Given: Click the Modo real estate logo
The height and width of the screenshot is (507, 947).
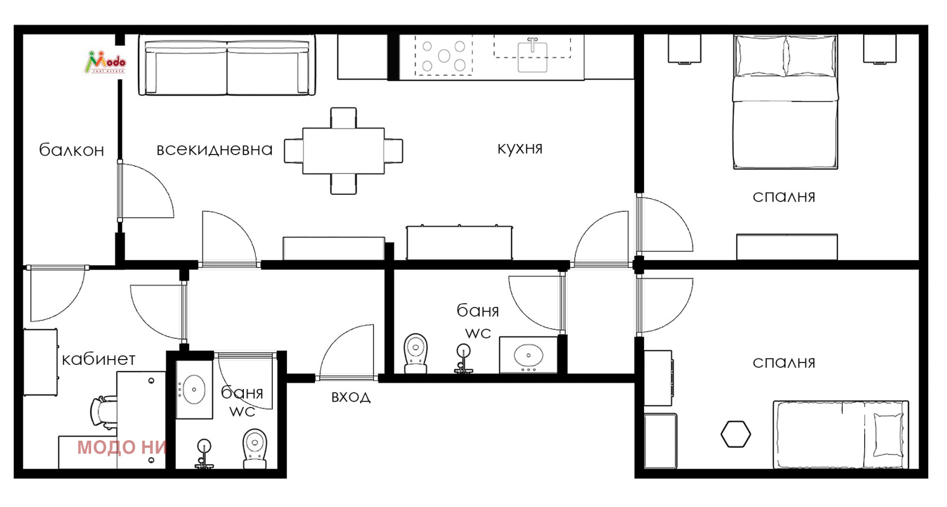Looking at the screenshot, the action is click(105, 62).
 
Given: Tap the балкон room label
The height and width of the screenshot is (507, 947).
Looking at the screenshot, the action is click(72, 150).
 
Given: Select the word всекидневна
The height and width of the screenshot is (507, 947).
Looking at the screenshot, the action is click(214, 150).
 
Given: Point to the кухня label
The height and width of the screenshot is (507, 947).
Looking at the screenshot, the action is click(520, 149).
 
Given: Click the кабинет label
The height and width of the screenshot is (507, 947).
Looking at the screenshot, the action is click(98, 360).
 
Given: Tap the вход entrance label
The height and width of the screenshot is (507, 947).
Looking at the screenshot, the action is click(351, 397).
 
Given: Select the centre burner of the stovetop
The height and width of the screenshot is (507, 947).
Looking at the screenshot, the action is click(444, 56).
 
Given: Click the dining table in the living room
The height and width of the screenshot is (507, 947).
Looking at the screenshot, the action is click(343, 151).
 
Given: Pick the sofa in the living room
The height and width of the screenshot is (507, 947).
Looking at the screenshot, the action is click(227, 66).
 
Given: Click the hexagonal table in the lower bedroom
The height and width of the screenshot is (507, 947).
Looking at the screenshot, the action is click(736, 434).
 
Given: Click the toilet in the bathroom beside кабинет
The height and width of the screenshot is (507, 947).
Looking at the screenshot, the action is click(255, 448).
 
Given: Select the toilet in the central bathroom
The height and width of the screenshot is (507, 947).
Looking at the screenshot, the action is click(415, 354).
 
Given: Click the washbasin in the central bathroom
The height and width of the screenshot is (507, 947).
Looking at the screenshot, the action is click(529, 355).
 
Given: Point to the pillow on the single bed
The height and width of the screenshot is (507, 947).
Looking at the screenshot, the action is click(888, 435).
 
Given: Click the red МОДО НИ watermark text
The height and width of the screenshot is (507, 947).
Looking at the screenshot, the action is click(122, 447).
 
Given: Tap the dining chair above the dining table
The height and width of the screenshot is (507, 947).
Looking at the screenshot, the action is click(343, 118).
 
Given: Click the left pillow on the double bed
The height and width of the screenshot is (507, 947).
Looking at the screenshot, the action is click(760, 56).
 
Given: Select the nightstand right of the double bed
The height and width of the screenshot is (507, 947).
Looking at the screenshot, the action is click(880, 49).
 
